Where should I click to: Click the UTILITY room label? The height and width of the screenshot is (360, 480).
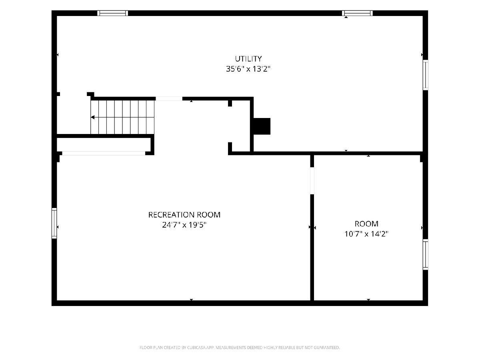point(248,59)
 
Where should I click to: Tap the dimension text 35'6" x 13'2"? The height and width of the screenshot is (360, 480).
point(248,69)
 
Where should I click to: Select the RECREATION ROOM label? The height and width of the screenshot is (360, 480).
point(184,215)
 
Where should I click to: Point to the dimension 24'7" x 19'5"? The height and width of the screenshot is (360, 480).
point(184,225)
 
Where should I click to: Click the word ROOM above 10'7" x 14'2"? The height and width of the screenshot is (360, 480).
point(366,224)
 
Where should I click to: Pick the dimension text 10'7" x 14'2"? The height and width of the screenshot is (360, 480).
point(366,234)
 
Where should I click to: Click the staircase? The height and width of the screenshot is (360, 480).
point(122,117)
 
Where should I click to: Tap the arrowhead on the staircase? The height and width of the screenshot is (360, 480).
point(93,117)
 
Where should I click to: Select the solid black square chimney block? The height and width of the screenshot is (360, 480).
point(262,126)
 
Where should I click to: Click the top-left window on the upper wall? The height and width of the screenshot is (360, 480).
point(113,13)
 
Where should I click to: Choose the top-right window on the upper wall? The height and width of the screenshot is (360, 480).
point(357,13)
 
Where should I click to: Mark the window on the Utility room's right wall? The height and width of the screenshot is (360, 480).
point(425,75)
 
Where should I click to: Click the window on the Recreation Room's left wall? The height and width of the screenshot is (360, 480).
point(54,223)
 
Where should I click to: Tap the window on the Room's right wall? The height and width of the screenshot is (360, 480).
point(425,254)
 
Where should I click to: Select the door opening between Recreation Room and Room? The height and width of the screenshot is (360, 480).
point(312,181)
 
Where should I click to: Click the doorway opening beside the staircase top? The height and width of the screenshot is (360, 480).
point(169,98)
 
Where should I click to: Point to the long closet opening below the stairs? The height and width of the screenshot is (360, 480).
point(104,153)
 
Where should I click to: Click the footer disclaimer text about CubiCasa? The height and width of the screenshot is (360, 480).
point(240,347)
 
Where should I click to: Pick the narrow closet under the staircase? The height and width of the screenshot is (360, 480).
point(104,144)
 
